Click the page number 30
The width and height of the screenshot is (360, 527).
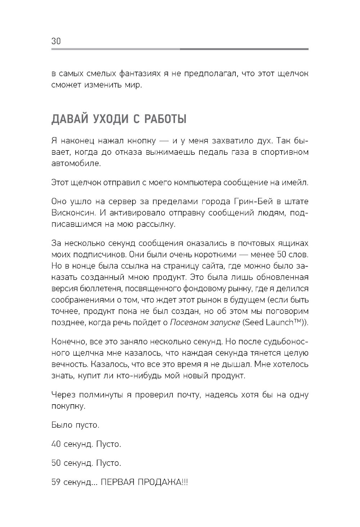click(56, 41)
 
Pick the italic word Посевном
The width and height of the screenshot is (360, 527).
click(187, 322)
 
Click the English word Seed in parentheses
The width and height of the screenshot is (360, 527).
click(254, 322)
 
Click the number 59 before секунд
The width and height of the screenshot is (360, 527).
click(56, 482)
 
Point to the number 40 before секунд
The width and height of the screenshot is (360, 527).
click(56, 444)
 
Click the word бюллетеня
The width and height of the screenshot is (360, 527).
click(88, 289)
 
